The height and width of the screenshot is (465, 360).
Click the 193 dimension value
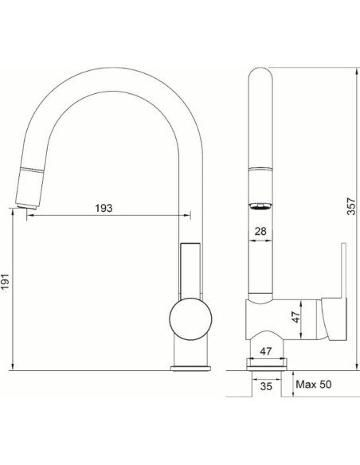[104, 208]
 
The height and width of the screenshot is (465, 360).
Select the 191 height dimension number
[6, 281]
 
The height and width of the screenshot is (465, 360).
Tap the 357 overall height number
[351, 206]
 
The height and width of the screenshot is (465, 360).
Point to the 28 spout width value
[260, 232]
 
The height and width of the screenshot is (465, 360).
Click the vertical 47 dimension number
[295, 317]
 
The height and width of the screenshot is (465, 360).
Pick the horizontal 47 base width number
[266, 351]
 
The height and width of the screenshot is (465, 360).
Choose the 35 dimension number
[266, 386]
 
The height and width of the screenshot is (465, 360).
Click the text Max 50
[314, 385]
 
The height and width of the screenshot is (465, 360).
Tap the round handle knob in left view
[190, 318]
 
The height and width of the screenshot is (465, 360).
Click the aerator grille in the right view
[260, 206]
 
